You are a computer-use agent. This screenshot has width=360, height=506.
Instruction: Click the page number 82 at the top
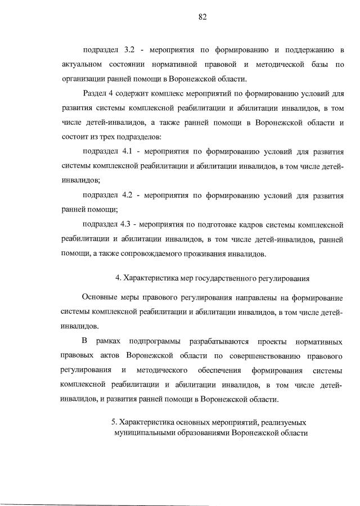(203, 16)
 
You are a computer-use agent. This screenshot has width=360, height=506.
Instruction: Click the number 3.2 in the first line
(129, 51)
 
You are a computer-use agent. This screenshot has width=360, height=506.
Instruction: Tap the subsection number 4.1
(128, 152)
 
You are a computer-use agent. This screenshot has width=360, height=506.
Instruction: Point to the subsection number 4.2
(128, 196)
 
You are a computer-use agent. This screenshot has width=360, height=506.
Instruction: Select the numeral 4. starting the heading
(118, 278)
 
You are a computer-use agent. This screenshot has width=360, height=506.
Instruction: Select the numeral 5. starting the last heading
(114, 421)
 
